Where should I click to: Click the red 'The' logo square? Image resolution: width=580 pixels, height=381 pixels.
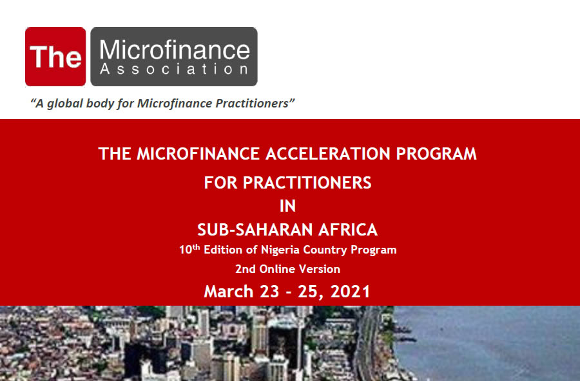[x=55, y=57]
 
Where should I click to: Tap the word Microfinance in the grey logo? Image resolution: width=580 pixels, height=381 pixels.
[x=175, y=50]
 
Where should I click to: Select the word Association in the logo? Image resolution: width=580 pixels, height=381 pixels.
[x=174, y=69]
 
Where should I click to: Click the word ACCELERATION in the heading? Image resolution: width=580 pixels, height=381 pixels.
[x=328, y=154]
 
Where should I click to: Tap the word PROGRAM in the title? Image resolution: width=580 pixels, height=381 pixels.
[x=436, y=154]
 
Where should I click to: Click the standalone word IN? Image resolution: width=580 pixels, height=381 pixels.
[x=288, y=206]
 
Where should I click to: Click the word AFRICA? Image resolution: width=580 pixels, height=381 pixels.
[x=348, y=230]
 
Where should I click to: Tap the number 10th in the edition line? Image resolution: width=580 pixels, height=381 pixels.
[x=189, y=249]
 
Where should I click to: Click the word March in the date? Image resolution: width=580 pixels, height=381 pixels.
[x=229, y=291]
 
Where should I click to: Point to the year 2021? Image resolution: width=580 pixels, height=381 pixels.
[x=351, y=291]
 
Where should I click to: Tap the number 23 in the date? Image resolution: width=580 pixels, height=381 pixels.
[x=269, y=291]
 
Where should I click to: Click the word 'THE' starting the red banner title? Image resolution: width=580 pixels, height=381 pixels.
[x=115, y=154]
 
